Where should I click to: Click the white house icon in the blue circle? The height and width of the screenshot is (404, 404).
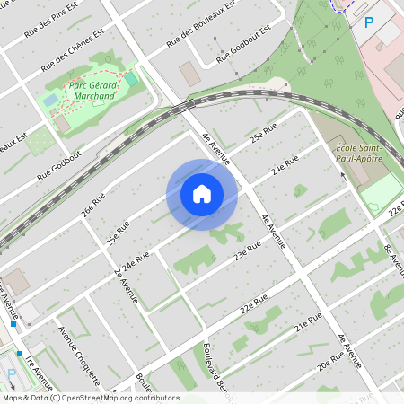click(x=202, y=194)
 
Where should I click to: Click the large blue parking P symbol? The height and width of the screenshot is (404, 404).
click(x=368, y=22)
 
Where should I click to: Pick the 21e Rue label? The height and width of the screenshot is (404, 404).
click(x=308, y=321)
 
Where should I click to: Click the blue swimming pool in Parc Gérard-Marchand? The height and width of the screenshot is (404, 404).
click(x=51, y=100)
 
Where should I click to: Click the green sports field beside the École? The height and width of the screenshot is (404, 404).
click(x=381, y=192)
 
